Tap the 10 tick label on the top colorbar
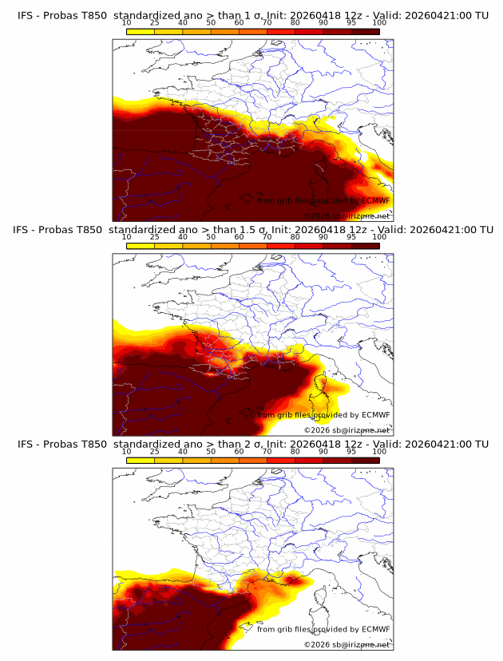coord(126,22)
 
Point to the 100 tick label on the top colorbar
coord(379,22)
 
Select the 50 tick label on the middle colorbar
coord(211,236)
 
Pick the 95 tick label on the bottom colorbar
coord(351,450)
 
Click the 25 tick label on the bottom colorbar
coord(154,450)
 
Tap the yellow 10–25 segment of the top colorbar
coord(141,31)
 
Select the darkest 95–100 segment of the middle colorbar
coord(365,245)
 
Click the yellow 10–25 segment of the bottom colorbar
coord(141,459)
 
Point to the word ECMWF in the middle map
coord(375,415)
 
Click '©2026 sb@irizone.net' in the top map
coord(347,216)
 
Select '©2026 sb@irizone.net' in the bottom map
coord(347,644)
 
